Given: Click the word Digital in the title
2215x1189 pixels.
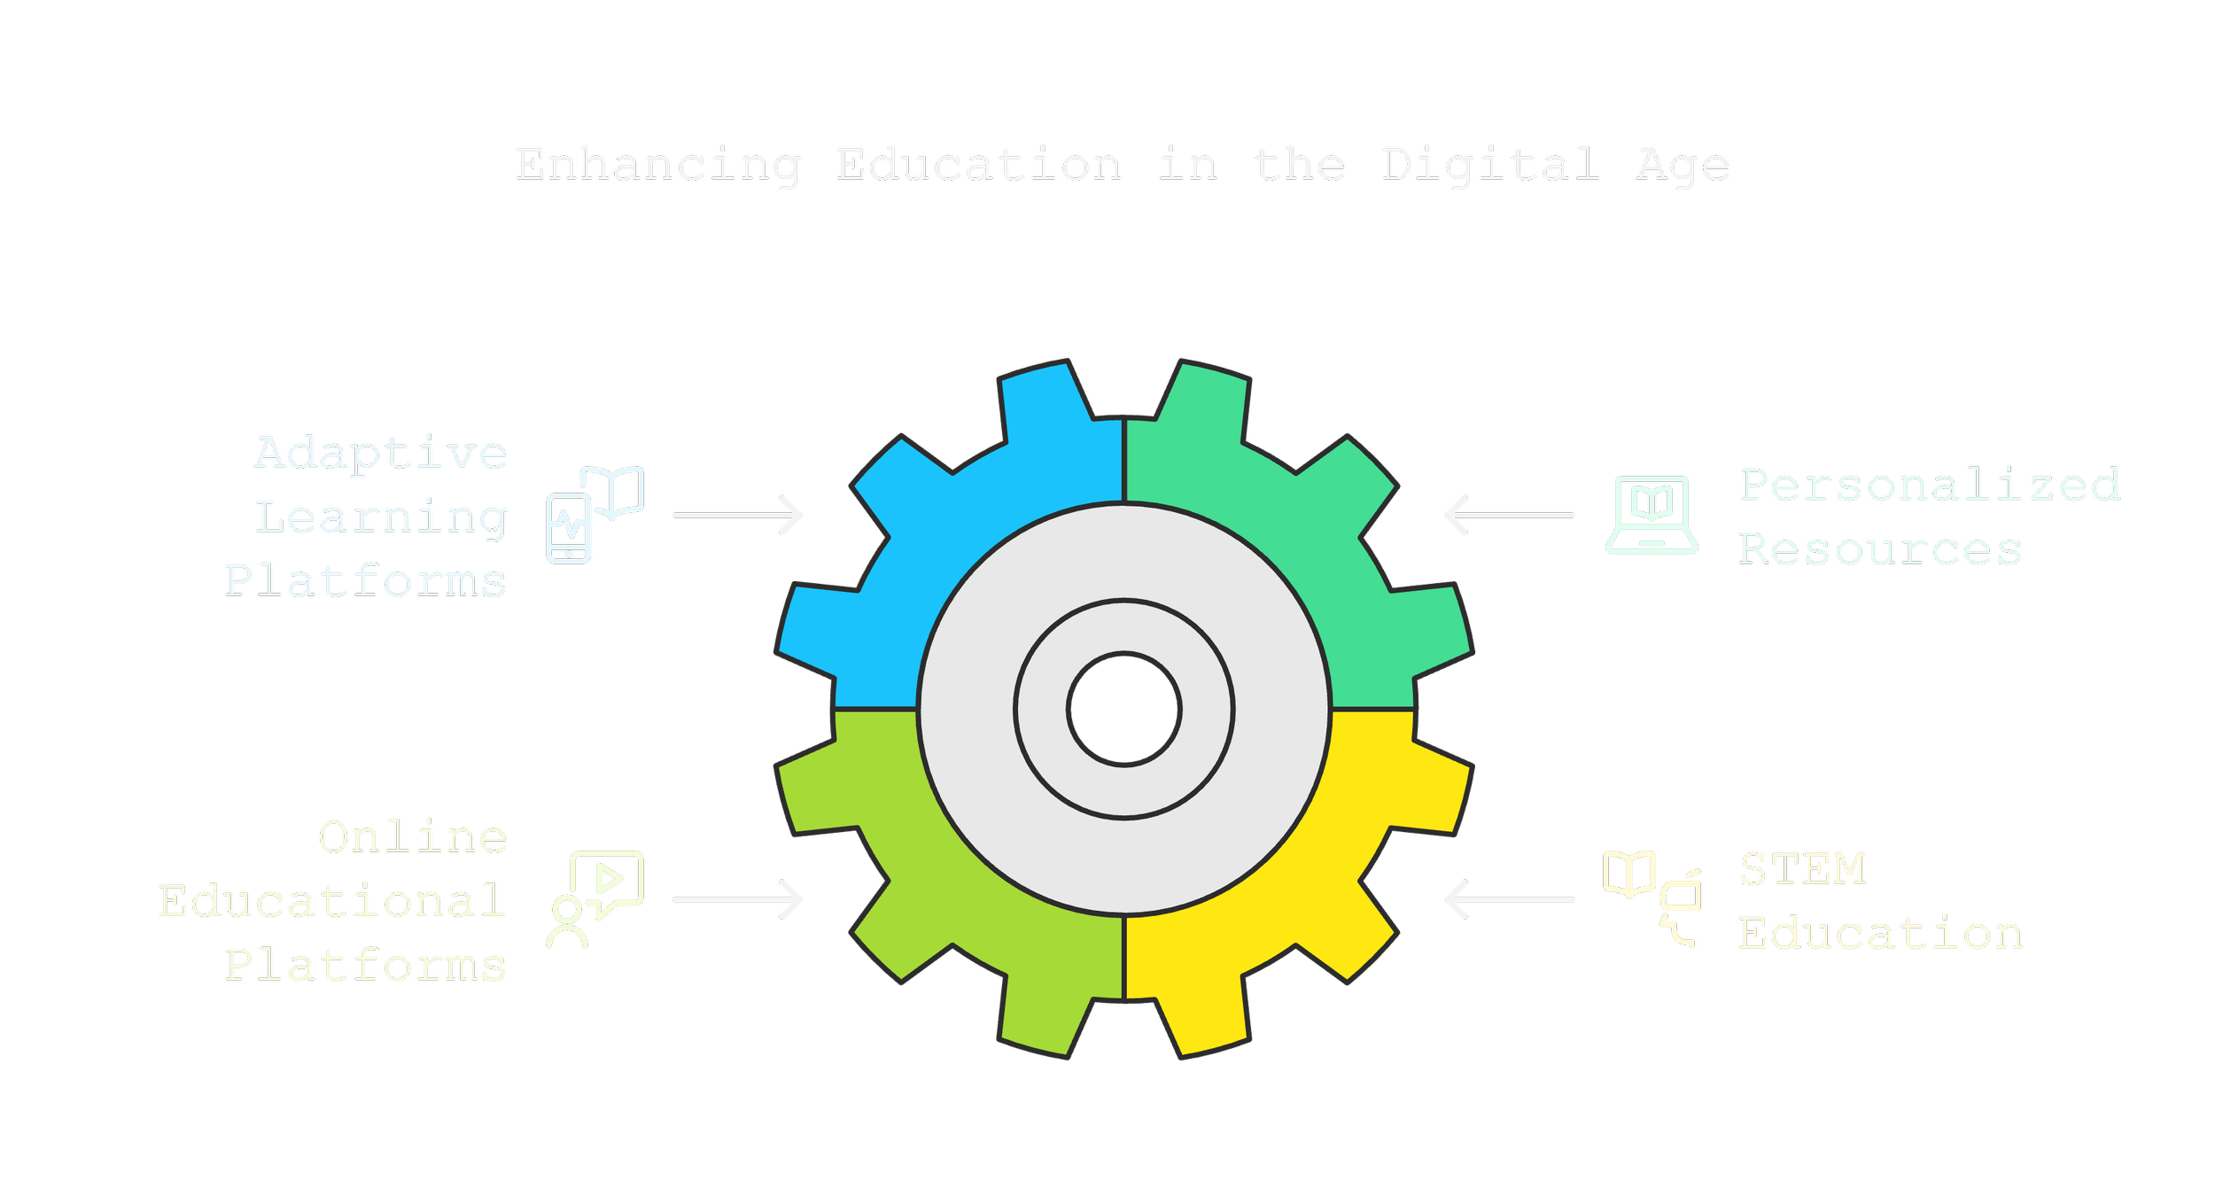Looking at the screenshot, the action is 1491,166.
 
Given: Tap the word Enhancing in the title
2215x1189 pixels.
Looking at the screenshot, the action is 658,166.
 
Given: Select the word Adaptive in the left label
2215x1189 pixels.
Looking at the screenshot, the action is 381,454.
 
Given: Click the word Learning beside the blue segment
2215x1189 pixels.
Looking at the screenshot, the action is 381,517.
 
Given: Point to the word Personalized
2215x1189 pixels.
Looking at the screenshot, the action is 1931,485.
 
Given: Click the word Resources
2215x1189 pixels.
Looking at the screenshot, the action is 1880,549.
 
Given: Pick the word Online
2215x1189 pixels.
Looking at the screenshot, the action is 413,837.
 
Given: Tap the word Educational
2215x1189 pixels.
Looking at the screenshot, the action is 333,902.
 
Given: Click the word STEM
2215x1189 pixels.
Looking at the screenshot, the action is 1803,869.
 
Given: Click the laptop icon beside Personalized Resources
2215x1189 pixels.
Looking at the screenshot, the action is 1652,515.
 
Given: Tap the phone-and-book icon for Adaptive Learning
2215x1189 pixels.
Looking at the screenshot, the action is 595,514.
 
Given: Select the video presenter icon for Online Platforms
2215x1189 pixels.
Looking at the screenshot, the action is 595,899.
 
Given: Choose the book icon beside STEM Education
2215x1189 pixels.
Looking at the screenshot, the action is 1628,874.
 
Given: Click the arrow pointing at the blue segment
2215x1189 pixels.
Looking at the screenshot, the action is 737,515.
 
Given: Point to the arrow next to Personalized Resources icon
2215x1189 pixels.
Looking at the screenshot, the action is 1510,515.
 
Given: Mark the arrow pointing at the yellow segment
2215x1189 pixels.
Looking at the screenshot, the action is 1510,899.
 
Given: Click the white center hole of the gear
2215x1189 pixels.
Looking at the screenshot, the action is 1124,709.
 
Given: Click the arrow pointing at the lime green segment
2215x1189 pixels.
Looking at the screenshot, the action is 737,899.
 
